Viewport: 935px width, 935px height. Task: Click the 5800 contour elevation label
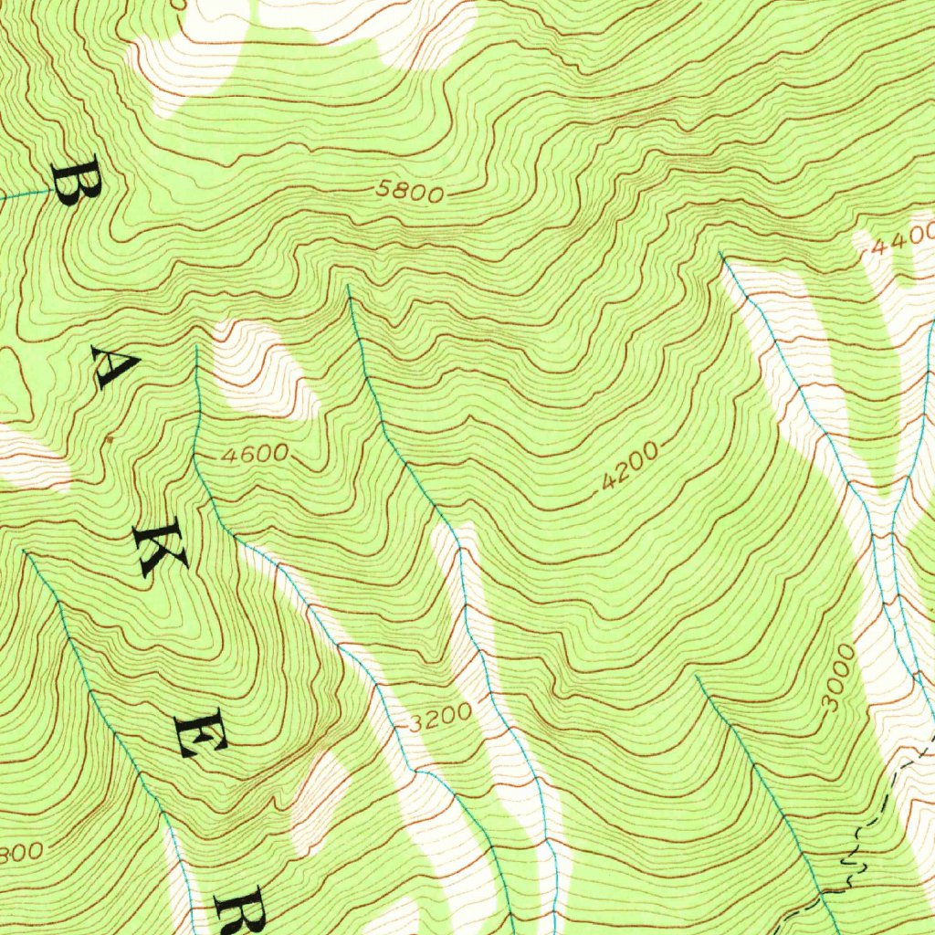[410, 193]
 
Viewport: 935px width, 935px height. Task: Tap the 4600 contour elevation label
[254, 453]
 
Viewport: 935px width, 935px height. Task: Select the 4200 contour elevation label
[629, 467]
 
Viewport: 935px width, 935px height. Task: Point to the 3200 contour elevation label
[440, 718]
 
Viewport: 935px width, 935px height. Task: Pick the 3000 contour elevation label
[838, 678]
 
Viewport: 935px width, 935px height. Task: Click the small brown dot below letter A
[110, 439]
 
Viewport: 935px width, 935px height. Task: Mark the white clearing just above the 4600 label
[260, 370]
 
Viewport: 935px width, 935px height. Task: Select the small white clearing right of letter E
[320, 794]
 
